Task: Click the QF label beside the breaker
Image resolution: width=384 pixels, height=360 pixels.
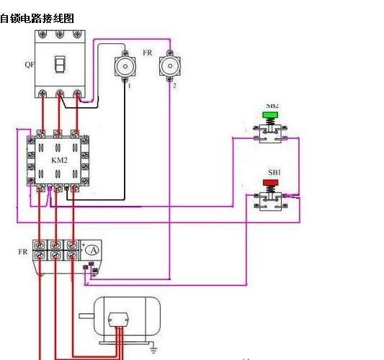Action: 29,65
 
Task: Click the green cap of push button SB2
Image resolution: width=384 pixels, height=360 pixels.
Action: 271,114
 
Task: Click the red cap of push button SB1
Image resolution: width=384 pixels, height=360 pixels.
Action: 271,183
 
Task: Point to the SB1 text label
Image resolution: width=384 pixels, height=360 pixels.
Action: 274,173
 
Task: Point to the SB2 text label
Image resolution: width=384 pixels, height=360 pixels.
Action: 273,106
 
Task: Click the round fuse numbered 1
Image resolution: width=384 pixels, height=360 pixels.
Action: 126,67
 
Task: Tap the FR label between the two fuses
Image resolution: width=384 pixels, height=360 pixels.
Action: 147,53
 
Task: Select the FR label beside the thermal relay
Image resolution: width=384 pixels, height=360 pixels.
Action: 22,252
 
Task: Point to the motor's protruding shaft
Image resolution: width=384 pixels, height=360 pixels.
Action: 84,316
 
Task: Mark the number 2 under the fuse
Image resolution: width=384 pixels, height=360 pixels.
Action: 174,86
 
